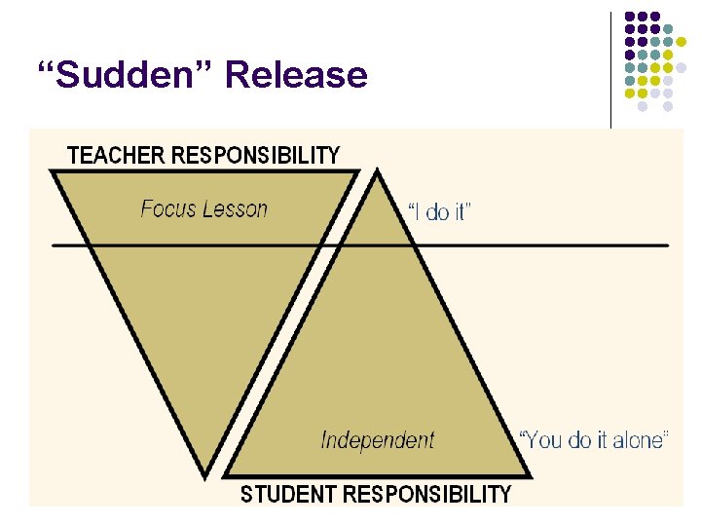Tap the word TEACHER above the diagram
[x=116, y=155]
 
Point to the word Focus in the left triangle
[x=168, y=208]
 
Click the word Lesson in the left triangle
[x=234, y=208]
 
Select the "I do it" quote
[x=438, y=212]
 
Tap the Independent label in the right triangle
[x=378, y=440]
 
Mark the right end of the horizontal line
[x=669, y=244]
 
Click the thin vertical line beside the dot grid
[x=610, y=68]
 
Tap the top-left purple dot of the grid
[x=630, y=18]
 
